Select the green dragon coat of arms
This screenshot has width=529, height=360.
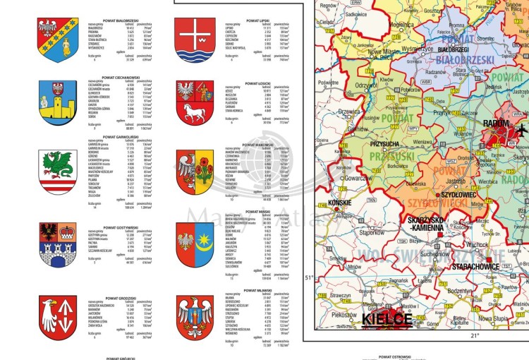(56, 170)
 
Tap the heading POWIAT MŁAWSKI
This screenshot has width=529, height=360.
(245, 290)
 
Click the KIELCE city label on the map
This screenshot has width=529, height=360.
(386, 320)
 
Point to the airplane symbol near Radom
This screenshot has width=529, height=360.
(521, 131)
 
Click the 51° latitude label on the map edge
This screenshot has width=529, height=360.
(308, 278)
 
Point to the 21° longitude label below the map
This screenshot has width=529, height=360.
(474, 335)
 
